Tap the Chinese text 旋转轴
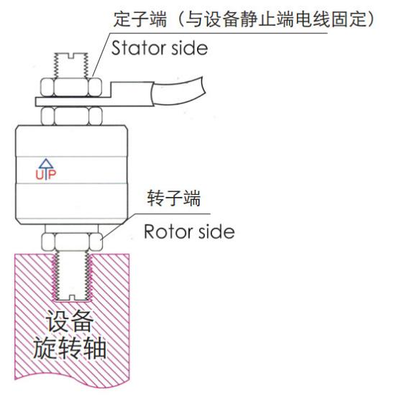71,352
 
